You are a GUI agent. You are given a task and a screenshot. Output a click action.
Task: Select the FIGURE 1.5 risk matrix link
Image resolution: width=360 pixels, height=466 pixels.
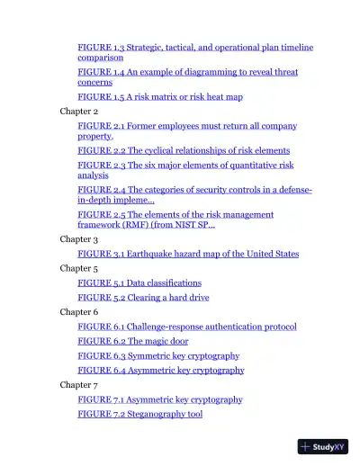[x=160, y=96]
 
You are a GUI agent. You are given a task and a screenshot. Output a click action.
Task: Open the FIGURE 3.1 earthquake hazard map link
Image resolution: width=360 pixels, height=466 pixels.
[x=188, y=255]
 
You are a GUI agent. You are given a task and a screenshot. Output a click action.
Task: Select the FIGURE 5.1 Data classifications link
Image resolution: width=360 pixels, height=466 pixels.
[x=139, y=282]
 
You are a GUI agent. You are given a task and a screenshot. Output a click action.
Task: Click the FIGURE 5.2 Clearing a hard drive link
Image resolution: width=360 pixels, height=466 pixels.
[x=144, y=297]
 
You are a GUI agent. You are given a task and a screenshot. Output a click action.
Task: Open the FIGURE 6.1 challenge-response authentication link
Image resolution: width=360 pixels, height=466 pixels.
[x=187, y=327]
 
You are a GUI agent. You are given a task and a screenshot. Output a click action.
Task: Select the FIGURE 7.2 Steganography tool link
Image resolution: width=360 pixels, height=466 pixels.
[x=139, y=414]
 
